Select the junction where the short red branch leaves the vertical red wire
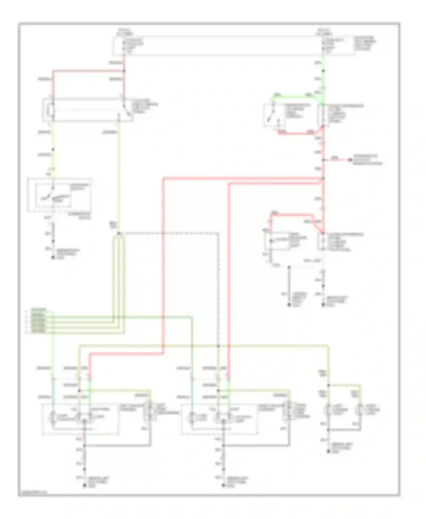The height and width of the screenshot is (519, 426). click(323, 160)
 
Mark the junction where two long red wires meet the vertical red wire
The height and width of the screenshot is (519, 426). click(323, 179)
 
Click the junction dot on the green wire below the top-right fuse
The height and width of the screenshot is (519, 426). click(323, 71)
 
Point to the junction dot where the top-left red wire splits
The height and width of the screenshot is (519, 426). click(124, 71)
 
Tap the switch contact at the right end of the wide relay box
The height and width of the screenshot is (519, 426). click(125, 110)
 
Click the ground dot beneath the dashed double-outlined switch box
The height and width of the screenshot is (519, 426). click(53, 258)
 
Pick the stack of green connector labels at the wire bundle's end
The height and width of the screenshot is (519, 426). click(38, 321)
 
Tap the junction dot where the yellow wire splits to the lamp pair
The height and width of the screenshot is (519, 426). click(329, 385)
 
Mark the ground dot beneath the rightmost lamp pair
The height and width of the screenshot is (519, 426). click(329, 451)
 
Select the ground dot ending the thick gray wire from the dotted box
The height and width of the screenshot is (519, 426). click(289, 305)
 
